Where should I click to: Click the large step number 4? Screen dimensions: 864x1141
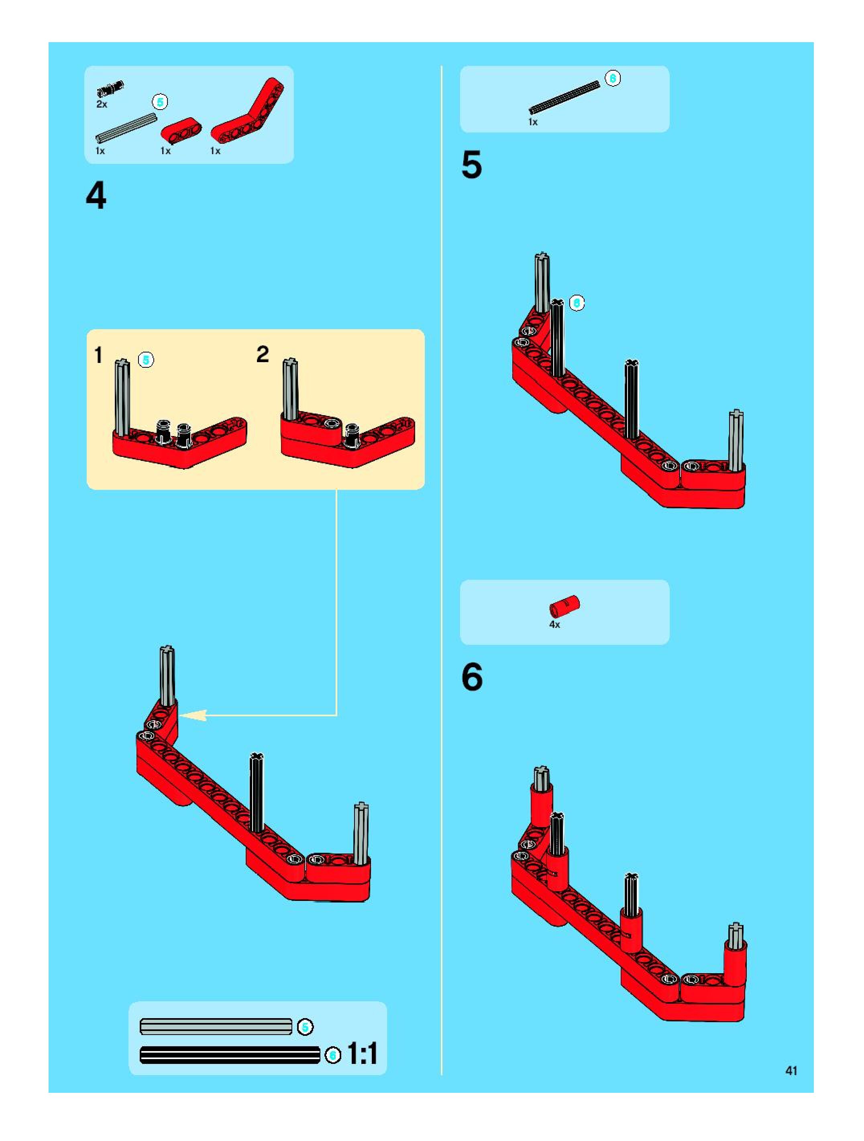(96, 196)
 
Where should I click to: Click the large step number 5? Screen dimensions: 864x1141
(471, 165)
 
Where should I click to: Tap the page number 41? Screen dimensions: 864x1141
(791, 1071)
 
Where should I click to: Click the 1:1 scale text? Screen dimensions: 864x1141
(363, 1054)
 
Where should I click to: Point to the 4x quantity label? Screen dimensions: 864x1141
(554, 625)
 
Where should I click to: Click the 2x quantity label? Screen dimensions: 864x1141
(102, 104)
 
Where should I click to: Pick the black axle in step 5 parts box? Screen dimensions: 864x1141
(564, 97)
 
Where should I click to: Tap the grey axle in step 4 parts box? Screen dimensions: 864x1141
(126, 128)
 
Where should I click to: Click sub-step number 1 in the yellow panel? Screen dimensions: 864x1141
(98, 355)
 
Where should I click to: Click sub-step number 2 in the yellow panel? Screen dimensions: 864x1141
(263, 355)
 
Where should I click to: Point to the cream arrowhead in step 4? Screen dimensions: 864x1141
(193, 715)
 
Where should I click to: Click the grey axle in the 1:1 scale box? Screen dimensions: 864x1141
(216, 1027)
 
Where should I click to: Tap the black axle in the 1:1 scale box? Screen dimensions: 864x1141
(230, 1055)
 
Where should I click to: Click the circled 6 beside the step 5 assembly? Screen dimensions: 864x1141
(577, 303)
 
